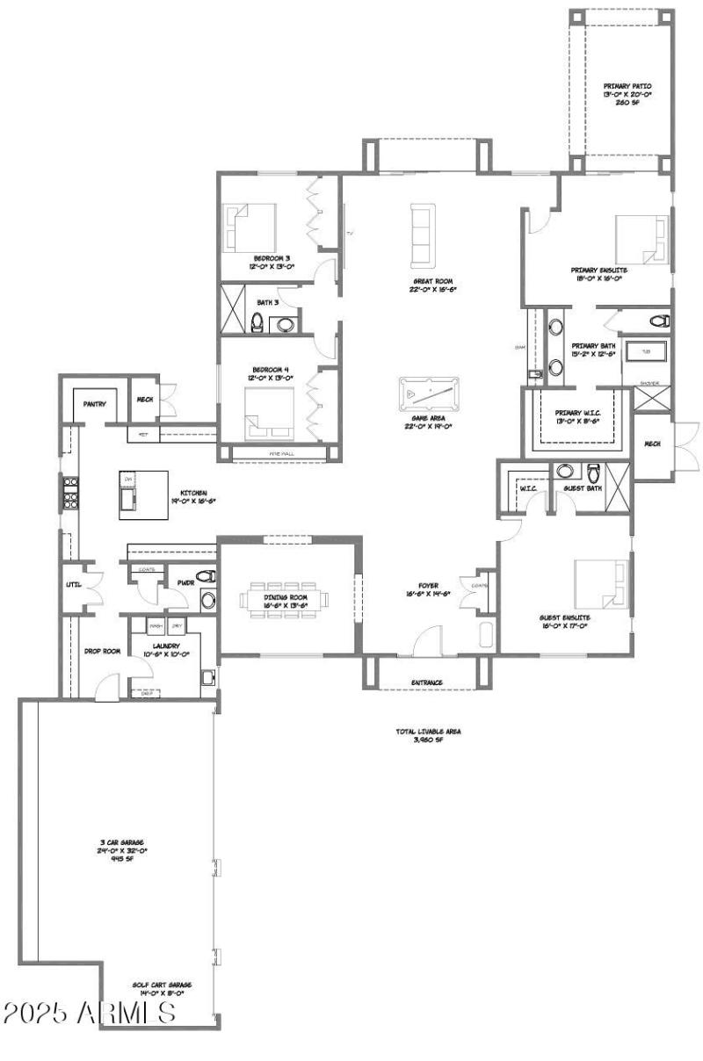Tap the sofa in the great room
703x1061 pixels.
click(423, 235)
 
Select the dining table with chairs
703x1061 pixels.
click(286, 600)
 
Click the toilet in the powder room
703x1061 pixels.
click(207, 577)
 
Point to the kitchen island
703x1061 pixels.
click(142, 491)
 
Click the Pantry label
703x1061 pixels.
click(95, 405)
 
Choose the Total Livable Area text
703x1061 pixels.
click(427, 735)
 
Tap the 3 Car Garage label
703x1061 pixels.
click(121, 850)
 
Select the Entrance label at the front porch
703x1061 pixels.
click(427, 682)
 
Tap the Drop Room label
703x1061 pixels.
click(102, 651)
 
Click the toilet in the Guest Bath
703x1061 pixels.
click(593, 470)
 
